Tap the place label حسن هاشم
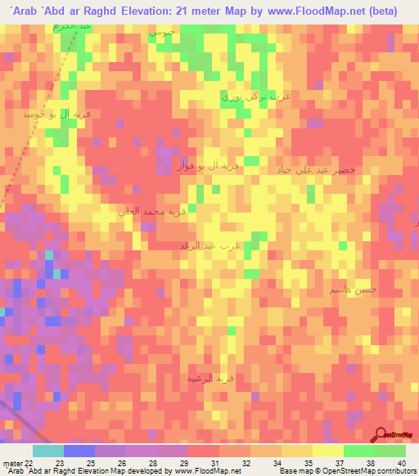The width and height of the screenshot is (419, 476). coord(353,290)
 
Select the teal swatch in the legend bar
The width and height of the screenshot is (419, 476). coord(47,451)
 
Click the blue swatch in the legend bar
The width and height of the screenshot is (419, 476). coord(79,451)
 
